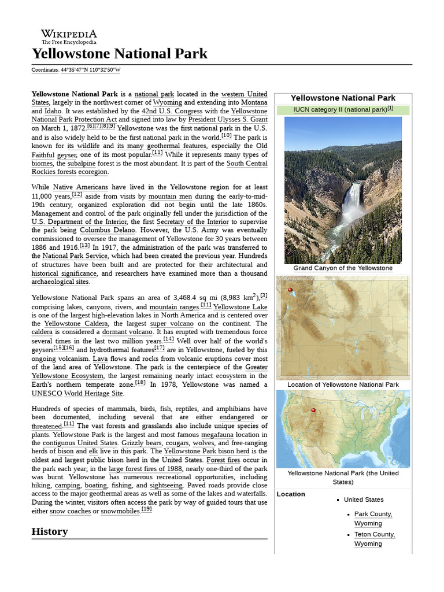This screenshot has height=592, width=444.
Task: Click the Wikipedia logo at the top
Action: tap(68, 37)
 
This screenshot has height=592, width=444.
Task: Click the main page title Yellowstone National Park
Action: tap(119, 54)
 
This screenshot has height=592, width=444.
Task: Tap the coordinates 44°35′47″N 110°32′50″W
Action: tap(90, 70)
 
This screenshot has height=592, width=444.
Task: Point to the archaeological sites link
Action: tap(60, 282)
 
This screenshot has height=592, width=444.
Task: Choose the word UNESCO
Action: tap(47, 393)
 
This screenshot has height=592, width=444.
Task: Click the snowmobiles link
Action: tap(120, 511)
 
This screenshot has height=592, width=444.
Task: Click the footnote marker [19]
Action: tap(146, 509)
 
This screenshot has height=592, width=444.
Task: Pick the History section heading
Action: tap(50, 531)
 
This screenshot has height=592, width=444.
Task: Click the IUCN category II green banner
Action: tap(343, 109)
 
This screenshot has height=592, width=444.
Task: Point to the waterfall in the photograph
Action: tap(352, 202)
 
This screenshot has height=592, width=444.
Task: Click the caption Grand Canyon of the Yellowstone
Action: tap(343, 268)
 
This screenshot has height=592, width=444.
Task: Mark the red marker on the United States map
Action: tap(313, 410)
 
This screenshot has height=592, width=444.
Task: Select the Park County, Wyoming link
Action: tap(373, 519)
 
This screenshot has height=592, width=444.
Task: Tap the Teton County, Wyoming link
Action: tap(374, 539)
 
